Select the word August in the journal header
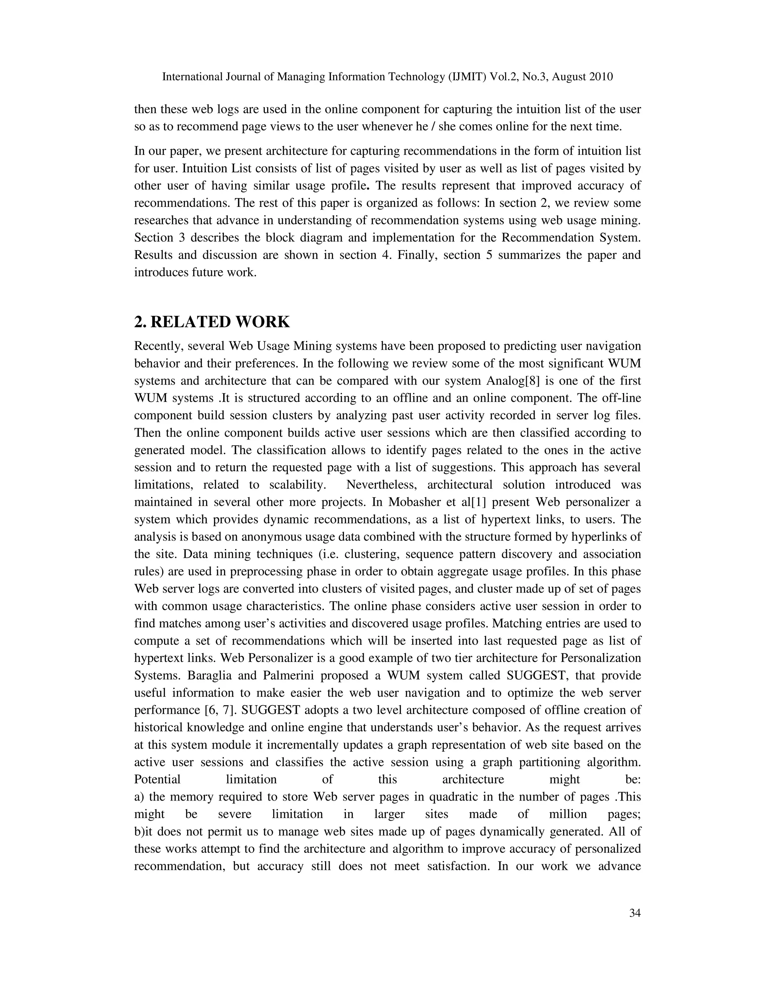[x=565, y=77]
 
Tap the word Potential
[x=157, y=780]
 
